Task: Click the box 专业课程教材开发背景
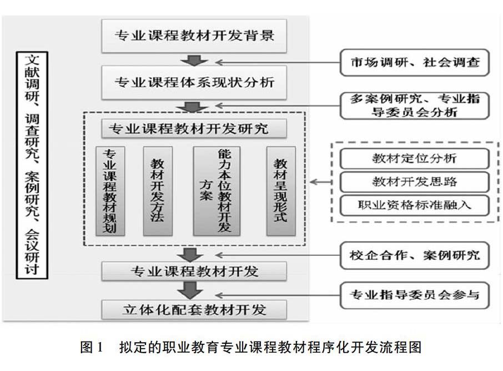pos(194,35)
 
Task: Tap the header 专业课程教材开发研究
pos(194,128)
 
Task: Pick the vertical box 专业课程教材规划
pos(110,191)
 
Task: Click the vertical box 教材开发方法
pos(158,191)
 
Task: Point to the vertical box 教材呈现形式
pos(281,191)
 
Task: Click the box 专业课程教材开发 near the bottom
pos(194,271)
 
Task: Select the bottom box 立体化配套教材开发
pos(194,309)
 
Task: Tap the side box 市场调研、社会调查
pos(415,62)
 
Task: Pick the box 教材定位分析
pos(415,158)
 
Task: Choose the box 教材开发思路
pos(415,181)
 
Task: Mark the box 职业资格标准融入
pos(415,205)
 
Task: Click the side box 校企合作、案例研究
pos(415,255)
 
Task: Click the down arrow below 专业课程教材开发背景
pos(194,60)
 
